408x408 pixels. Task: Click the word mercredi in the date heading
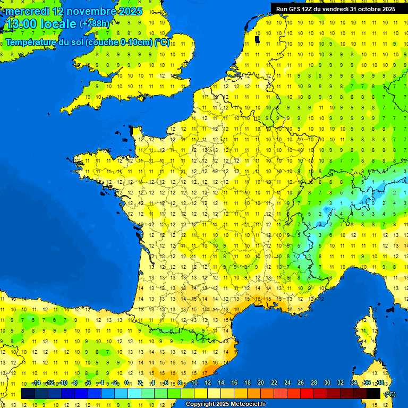(27, 11)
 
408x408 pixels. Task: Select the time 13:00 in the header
(21, 24)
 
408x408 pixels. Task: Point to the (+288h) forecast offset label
(95, 24)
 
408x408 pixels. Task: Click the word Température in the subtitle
(31, 42)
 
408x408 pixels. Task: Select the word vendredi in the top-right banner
(335, 9)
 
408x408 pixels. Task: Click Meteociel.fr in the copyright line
(248, 404)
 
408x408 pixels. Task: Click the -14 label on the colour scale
(36, 383)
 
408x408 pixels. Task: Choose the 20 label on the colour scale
(260, 383)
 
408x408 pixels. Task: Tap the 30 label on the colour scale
(327, 383)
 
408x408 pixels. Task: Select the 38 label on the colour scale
(380, 383)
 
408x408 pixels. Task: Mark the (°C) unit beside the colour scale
(390, 394)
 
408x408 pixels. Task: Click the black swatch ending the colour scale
(373, 393)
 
